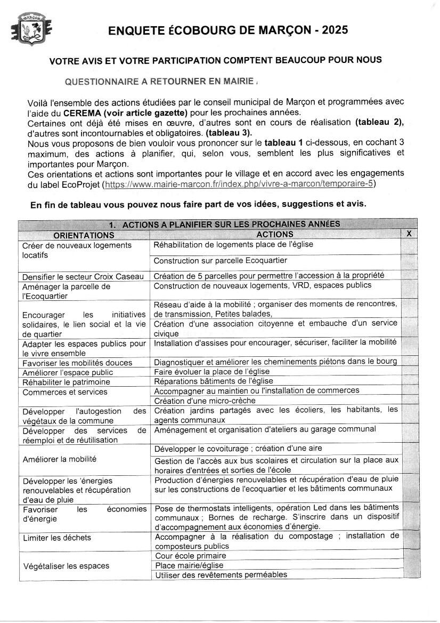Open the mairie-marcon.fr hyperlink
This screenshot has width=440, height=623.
[240, 184]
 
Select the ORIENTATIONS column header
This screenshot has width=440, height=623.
[84, 235]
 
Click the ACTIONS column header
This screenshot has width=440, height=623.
[275, 234]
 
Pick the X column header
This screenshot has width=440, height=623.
[409, 234]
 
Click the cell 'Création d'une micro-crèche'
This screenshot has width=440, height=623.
[205, 401]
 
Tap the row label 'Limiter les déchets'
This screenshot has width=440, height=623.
[57, 538]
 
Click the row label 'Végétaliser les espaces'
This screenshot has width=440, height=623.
[66, 566]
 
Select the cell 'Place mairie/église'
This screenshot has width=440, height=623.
[190, 565]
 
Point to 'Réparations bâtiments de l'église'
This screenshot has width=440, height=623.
[214, 381]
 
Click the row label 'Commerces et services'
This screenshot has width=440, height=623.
[65, 392]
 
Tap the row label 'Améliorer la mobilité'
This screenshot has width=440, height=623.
[60, 459]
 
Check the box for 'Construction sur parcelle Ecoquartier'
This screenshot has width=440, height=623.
[409, 261]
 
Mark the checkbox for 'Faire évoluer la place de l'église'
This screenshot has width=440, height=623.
[409, 371]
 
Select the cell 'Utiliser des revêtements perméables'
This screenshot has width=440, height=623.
[221, 575]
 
